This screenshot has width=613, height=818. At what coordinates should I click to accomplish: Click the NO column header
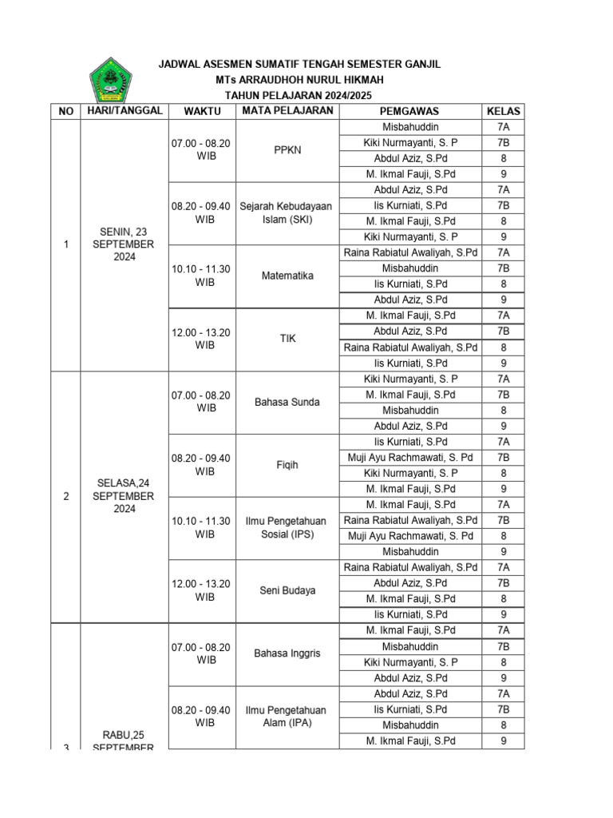pyautogui.click(x=65, y=111)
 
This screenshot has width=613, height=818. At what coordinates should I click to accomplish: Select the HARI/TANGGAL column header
pyautogui.click(x=124, y=110)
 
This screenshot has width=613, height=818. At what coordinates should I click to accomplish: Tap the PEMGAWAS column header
pyautogui.click(x=410, y=111)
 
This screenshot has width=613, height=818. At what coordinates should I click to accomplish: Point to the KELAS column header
pyautogui.click(x=503, y=111)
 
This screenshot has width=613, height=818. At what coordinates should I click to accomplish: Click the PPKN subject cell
pyautogui.click(x=287, y=150)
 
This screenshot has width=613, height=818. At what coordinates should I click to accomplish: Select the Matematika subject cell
pyautogui.click(x=287, y=276)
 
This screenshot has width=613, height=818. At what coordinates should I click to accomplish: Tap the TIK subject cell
pyautogui.click(x=287, y=339)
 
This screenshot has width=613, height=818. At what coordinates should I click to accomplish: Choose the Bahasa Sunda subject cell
pyautogui.click(x=287, y=402)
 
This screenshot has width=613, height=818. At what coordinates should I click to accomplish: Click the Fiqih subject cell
pyautogui.click(x=287, y=465)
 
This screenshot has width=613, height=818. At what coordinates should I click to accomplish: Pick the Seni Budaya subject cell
pyautogui.click(x=287, y=590)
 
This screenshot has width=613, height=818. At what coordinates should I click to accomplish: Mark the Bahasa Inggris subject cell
pyautogui.click(x=287, y=653)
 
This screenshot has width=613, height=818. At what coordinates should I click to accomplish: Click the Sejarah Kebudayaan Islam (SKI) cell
pyautogui.click(x=287, y=212)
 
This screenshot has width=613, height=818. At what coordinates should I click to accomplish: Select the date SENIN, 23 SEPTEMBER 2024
pyautogui.click(x=124, y=244)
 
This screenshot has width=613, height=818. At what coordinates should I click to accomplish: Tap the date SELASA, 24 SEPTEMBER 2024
pyautogui.click(x=124, y=496)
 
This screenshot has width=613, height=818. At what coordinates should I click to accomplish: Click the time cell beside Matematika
pyautogui.click(x=200, y=276)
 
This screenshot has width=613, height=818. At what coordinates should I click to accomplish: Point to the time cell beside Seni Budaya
pyautogui.click(x=200, y=590)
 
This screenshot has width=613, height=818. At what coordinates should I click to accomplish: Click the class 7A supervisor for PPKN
pyautogui.click(x=410, y=127)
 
